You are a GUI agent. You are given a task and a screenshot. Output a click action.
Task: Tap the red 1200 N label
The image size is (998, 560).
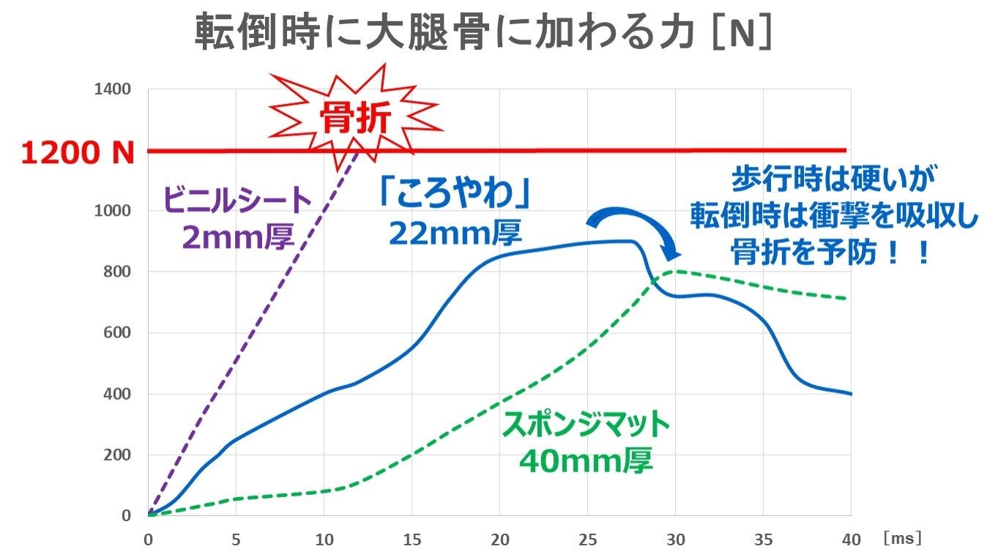(78, 152)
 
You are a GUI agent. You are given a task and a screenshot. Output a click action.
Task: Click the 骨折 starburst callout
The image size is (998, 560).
(354, 118)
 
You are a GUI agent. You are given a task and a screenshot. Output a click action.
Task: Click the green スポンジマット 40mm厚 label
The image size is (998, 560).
(586, 441)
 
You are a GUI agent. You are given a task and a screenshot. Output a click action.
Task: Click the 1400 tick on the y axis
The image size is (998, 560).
(113, 89)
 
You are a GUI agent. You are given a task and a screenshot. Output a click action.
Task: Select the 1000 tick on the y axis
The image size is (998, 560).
(113, 211)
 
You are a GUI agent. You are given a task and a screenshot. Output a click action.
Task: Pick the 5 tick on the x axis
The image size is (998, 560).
(236, 539)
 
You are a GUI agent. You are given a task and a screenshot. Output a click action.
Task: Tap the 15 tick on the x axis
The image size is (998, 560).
(412, 539)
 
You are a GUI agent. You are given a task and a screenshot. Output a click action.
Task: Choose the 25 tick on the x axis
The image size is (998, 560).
(587, 539)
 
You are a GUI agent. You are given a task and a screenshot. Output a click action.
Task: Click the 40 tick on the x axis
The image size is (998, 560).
(851, 539)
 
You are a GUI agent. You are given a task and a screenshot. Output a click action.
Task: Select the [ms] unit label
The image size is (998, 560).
(902, 538)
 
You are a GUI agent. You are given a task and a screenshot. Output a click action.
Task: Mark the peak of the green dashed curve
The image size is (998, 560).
(675, 271)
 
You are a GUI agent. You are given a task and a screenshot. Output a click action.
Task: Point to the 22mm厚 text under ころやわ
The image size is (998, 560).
(455, 233)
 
